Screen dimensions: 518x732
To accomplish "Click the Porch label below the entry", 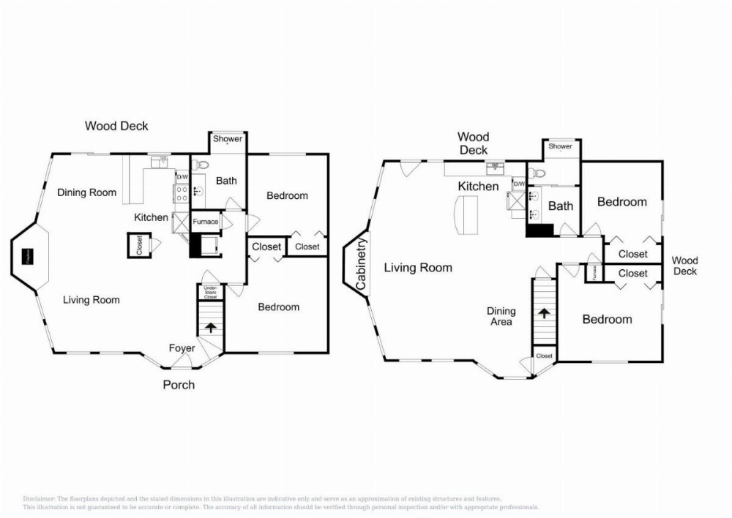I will (x=179, y=384).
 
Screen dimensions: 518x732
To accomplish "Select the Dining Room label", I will (x=87, y=192).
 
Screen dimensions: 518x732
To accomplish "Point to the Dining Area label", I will (x=501, y=316).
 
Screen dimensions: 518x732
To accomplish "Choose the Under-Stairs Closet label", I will (x=210, y=293).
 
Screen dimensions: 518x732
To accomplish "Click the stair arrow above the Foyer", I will (x=210, y=327).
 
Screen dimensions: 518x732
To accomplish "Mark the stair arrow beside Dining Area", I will (x=544, y=313).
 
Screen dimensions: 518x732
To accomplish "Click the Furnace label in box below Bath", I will (x=205, y=222).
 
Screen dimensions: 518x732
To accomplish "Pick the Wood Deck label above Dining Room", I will (x=116, y=126).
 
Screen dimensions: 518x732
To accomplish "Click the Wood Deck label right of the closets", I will (x=685, y=266).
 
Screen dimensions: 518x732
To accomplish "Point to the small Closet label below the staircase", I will (x=545, y=356).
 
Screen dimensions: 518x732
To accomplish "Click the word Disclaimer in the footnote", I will (x=39, y=498).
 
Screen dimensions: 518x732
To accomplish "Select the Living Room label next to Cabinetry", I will (x=418, y=268).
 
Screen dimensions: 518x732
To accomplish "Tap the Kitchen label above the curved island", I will (x=478, y=187).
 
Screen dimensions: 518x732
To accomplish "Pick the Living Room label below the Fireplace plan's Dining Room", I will (x=91, y=299).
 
